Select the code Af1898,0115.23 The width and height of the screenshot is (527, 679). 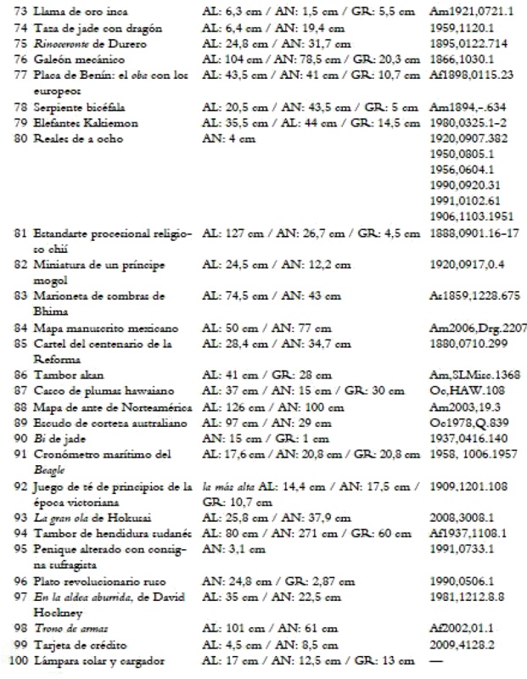(470, 76)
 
